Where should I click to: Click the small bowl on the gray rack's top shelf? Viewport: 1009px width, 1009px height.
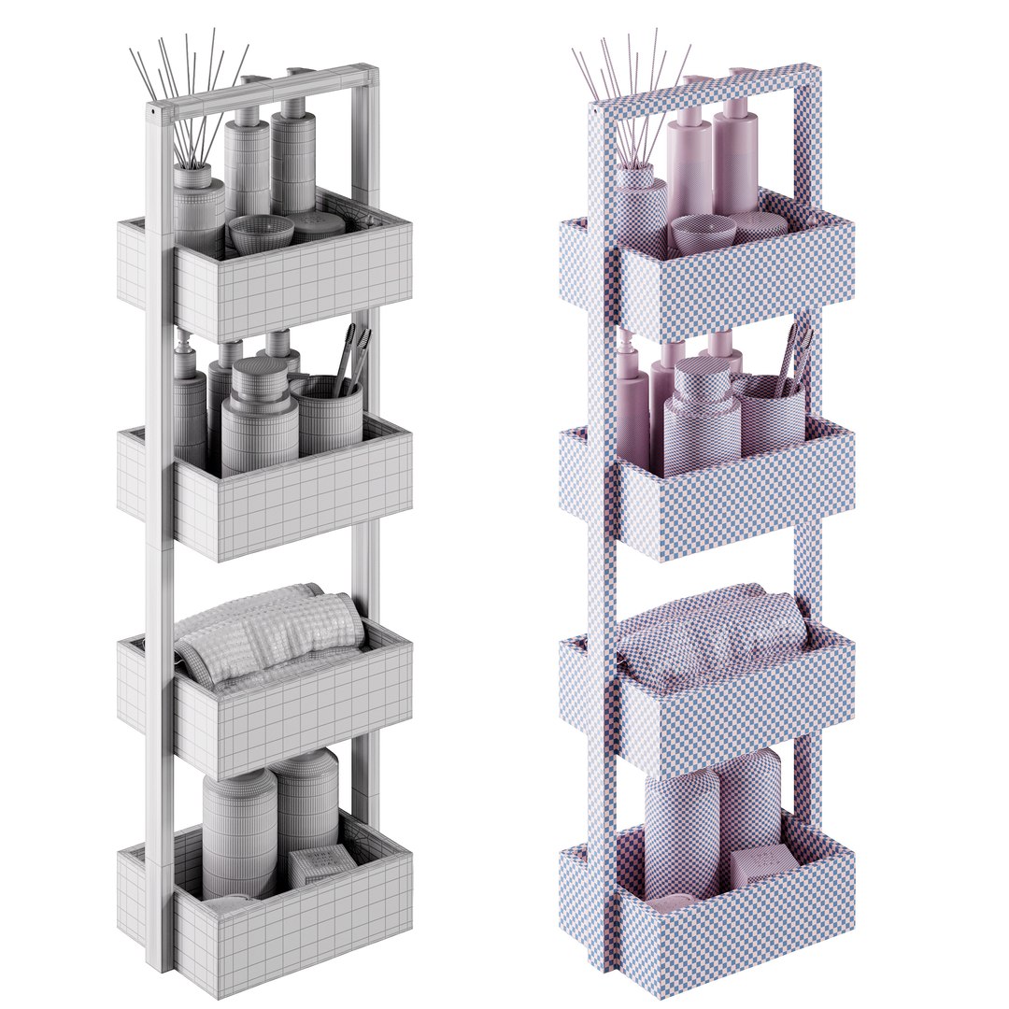[x=261, y=233]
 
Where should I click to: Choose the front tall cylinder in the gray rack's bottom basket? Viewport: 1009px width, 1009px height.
[x=239, y=831]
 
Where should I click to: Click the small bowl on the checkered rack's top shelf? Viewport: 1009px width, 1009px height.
[x=701, y=233]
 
